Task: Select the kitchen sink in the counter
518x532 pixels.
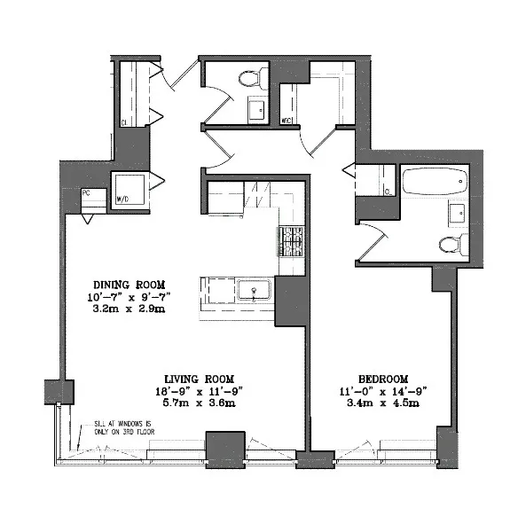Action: tap(254, 290)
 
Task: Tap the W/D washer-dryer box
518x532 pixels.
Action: tap(126, 188)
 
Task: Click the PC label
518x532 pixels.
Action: tap(87, 192)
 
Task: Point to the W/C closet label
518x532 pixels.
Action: tap(287, 120)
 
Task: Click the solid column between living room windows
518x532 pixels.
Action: tap(224, 444)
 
